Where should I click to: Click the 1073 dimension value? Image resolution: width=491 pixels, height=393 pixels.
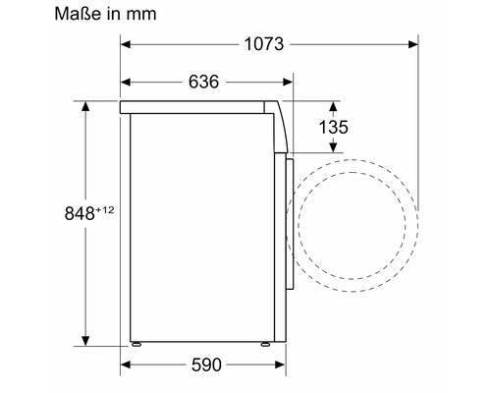264,44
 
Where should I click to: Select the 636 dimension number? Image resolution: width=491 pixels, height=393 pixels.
203,82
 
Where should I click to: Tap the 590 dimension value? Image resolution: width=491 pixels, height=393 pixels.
206,365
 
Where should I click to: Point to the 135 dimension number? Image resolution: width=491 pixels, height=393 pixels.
334,127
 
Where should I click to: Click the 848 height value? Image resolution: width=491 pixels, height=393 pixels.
80,213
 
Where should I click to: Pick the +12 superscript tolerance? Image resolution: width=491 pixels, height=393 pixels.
105,209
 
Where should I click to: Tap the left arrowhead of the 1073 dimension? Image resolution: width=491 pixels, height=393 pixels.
126,44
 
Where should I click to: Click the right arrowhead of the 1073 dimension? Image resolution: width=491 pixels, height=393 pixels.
413,44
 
